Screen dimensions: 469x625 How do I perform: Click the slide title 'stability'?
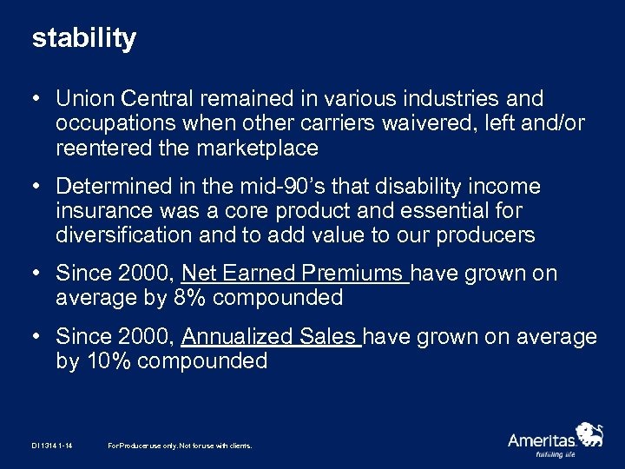pyautogui.click(x=84, y=39)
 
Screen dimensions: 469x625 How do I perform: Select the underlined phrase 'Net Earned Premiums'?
pyautogui.click(x=294, y=274)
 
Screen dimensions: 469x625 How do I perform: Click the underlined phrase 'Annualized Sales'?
pyautogui.click(x=271, y=337)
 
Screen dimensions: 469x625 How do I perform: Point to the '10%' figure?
pyautogui.click(x=109, y=361)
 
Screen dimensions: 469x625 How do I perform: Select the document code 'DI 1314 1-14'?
pyautogui.click(x=52, y=446)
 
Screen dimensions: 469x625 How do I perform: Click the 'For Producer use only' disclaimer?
pyautogui.click(x=180, y=446)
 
